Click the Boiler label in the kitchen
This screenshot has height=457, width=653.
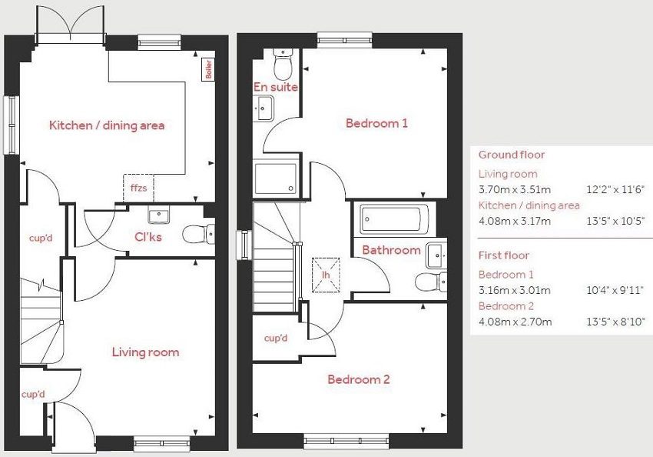pos(207,70)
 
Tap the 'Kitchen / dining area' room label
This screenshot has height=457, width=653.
pos(107,125)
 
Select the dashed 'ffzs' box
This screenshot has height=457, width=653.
pos(138,188)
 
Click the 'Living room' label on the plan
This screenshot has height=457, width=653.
pos(145,352)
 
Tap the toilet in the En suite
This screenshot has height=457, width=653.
pos(283,65)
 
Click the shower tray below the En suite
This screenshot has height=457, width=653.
pos(276,179)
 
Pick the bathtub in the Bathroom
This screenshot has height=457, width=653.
pos(391,218)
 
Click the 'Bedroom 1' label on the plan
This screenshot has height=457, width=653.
pos(376,123)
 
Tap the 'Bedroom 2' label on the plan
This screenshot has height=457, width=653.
pos(359,379)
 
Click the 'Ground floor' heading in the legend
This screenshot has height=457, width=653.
pos(512,155)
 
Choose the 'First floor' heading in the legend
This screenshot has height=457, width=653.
pos(504,255)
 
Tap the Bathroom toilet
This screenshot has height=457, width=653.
pos(429,282)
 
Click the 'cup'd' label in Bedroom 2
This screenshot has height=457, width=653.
pos(276,338)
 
